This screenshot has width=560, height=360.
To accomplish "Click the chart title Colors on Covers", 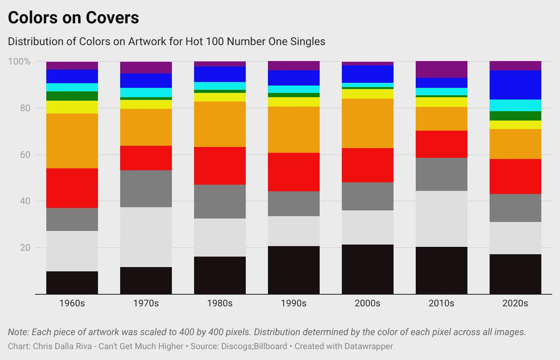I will coord(73,18).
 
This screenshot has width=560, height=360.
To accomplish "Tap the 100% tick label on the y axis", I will coord(19,61).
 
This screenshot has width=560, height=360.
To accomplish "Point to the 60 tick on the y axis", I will coord(25,155).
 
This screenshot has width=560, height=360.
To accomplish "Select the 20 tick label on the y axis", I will coord(25,248).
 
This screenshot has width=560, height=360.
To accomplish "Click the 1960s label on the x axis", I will coord(72,303).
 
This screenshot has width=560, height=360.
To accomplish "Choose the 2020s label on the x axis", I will coord(515,303).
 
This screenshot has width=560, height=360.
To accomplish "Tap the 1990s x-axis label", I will coord(294,303).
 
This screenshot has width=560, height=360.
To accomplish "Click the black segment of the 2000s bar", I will coord(367,269).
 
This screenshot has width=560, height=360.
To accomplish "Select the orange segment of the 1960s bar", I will coord(72,141).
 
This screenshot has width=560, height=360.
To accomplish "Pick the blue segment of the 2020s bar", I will coord(515,85).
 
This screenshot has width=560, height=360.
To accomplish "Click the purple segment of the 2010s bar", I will coord(441,69).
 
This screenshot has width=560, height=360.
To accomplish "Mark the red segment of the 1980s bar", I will coord(220,166).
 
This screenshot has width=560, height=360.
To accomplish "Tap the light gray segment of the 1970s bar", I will coord(146,237).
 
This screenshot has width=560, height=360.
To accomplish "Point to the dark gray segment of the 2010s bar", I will coord(441,174).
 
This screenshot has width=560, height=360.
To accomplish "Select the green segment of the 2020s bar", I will coord(515,116).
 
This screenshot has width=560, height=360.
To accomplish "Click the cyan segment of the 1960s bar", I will coord(72,87).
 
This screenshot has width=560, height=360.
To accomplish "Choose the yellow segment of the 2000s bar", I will coord(367,94).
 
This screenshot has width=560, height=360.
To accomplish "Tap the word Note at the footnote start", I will coord(18,332).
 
